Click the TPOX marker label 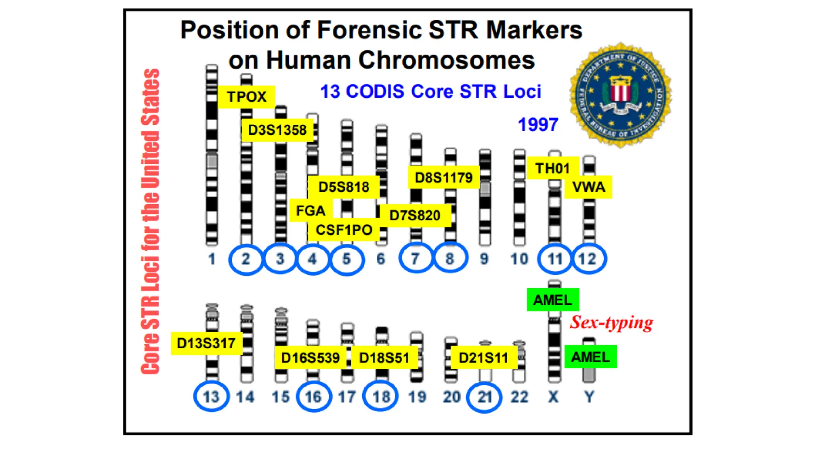click(x=246, y=97)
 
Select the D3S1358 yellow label click(x=277, y=130)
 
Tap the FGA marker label click(x=311, y=210)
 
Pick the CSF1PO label click(x=344, y=230)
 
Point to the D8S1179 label click(x=443, y=178)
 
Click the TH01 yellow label click(x=552, y=168)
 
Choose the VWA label click(x=588, y=187)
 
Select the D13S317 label click(x=206, y=343)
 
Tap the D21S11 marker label click(x=483, y=358)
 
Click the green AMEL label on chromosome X click(x=552, y=300)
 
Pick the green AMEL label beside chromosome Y click(x=590, y=357)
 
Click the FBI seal click(x=620, y=95)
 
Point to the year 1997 click(x=538, y=124)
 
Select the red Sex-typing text click(x=611, y=323)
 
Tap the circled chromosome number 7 click(x=416, y=258)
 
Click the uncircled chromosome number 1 click(x=212, y=259)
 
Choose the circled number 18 click(x=381, y=396)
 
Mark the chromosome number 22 click(x=519, y=397)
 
